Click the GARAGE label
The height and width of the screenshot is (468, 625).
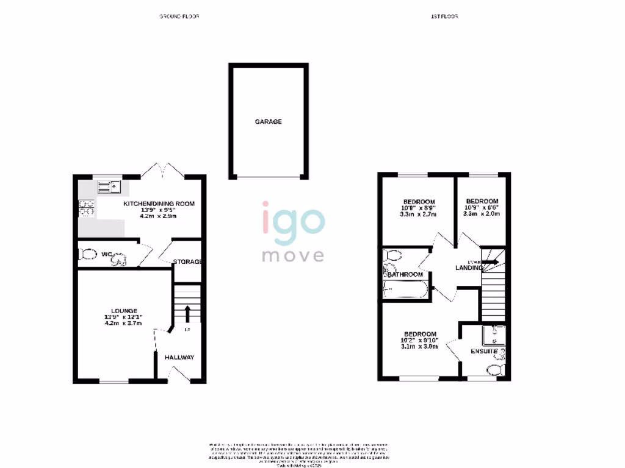click(x=269, y=122)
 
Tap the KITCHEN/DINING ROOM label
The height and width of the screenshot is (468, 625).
click(x=159, y=204)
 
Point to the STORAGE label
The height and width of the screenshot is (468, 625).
click(x=187, y=262)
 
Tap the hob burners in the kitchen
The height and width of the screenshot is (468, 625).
click(x=85, y=208)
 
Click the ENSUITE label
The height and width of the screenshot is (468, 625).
click(x=484, y=352)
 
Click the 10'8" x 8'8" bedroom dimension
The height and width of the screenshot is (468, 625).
click(x=419, y=208)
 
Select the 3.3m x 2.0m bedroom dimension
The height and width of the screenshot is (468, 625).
click(x=482, y=214)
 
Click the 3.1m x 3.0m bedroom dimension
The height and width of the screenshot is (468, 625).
click(x=419, y=347)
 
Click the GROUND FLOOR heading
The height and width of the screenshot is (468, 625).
click(x=179, y=16)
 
